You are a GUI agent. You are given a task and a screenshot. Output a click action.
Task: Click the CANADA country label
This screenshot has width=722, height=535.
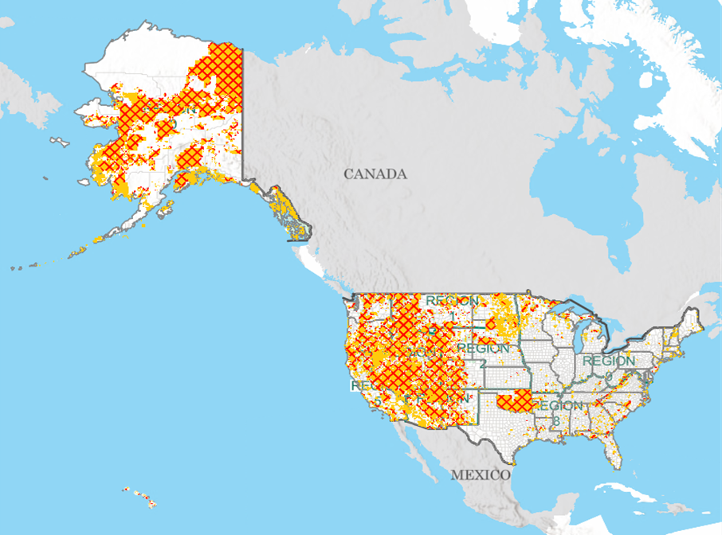375,174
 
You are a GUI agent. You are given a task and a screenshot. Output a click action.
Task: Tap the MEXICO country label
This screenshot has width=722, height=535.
481,474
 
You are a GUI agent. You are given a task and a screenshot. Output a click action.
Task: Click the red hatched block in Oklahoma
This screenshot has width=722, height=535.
514,400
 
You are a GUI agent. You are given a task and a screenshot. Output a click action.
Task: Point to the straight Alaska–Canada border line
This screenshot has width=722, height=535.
241,111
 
